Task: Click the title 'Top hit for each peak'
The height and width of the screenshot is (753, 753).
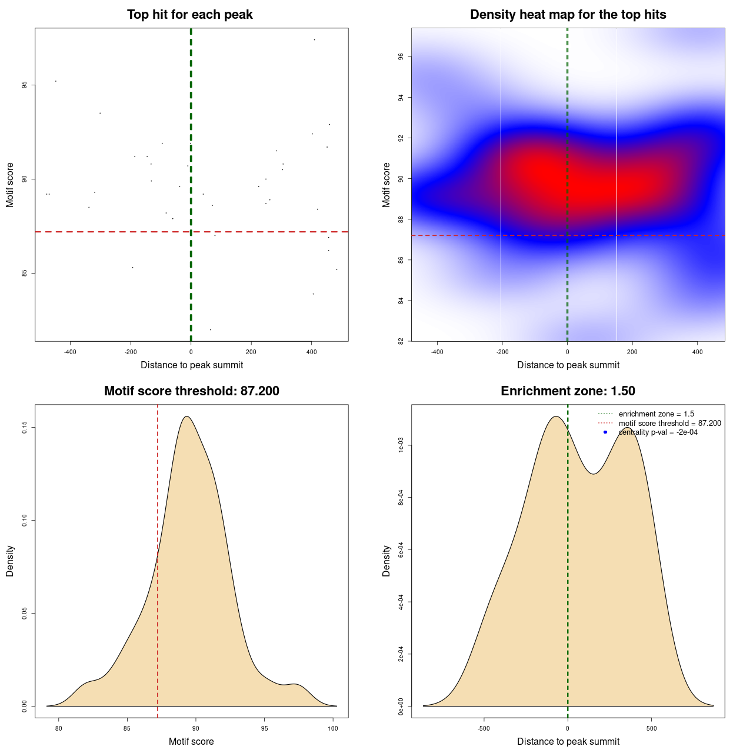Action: [x=189, y=15]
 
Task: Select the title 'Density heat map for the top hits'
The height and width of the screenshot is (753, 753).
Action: [x=568, y=15]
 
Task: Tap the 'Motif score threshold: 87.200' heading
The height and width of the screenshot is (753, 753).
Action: [x=191, y=391]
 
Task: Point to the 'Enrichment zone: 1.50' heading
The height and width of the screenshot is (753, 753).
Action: [x=568, y=391]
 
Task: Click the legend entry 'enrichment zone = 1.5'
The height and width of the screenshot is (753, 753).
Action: [x=656, y=414]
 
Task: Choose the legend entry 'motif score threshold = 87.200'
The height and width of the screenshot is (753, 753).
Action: [x=669, y=423]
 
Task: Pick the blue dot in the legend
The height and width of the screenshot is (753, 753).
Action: [x=605, y=432]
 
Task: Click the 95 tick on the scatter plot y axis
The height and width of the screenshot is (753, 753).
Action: [x=24, y=85]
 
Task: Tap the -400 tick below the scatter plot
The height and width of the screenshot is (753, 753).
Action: [x=71, y=352]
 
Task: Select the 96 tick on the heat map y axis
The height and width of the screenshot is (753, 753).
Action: [x=401, y=56]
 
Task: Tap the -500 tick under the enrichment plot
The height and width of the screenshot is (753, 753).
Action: [x=484, y=728]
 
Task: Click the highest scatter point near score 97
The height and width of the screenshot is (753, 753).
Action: [x=314, y=40]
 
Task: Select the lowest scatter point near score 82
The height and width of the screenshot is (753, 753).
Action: [x=210, y=329]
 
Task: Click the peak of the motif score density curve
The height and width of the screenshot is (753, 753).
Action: [x=186, y=417]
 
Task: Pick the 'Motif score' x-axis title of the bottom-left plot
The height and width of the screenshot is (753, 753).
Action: [x=191, y=742]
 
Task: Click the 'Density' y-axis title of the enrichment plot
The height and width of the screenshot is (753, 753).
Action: [x=387, y=561]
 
